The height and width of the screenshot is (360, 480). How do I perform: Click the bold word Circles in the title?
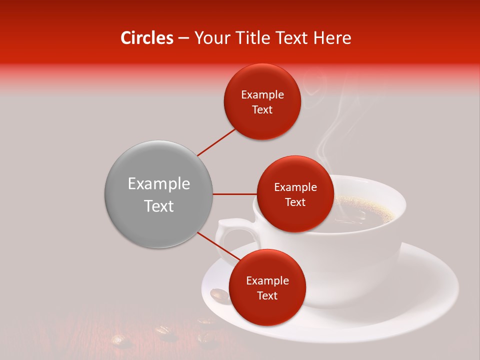click(x=146, y=38)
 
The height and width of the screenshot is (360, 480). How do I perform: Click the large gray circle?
click(x=158, y=194)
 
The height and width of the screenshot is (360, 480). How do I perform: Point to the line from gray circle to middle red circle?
click(x=235, y=194)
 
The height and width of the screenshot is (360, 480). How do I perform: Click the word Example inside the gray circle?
click(x=158, y=184)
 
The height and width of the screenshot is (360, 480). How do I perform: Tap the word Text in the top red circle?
click(x=262, y=110)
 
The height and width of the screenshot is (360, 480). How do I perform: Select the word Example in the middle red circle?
click(x=295, y=187)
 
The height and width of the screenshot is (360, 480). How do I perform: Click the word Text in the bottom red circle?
click(x=267, y=295)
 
